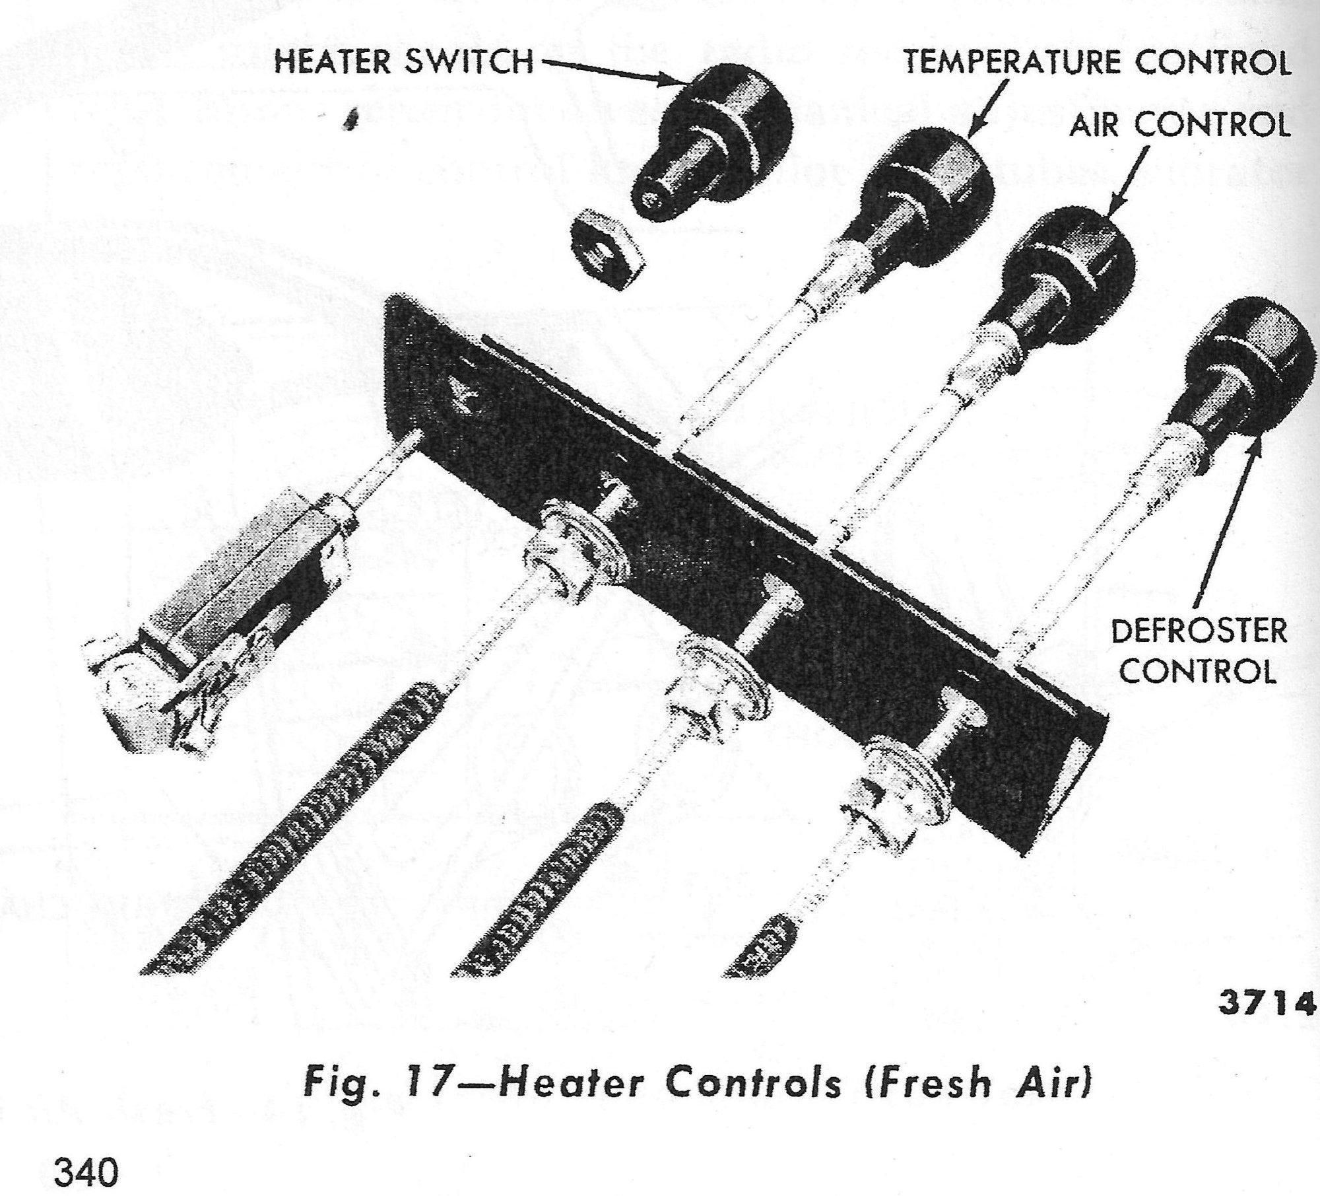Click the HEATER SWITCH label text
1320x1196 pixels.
[403, 63]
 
